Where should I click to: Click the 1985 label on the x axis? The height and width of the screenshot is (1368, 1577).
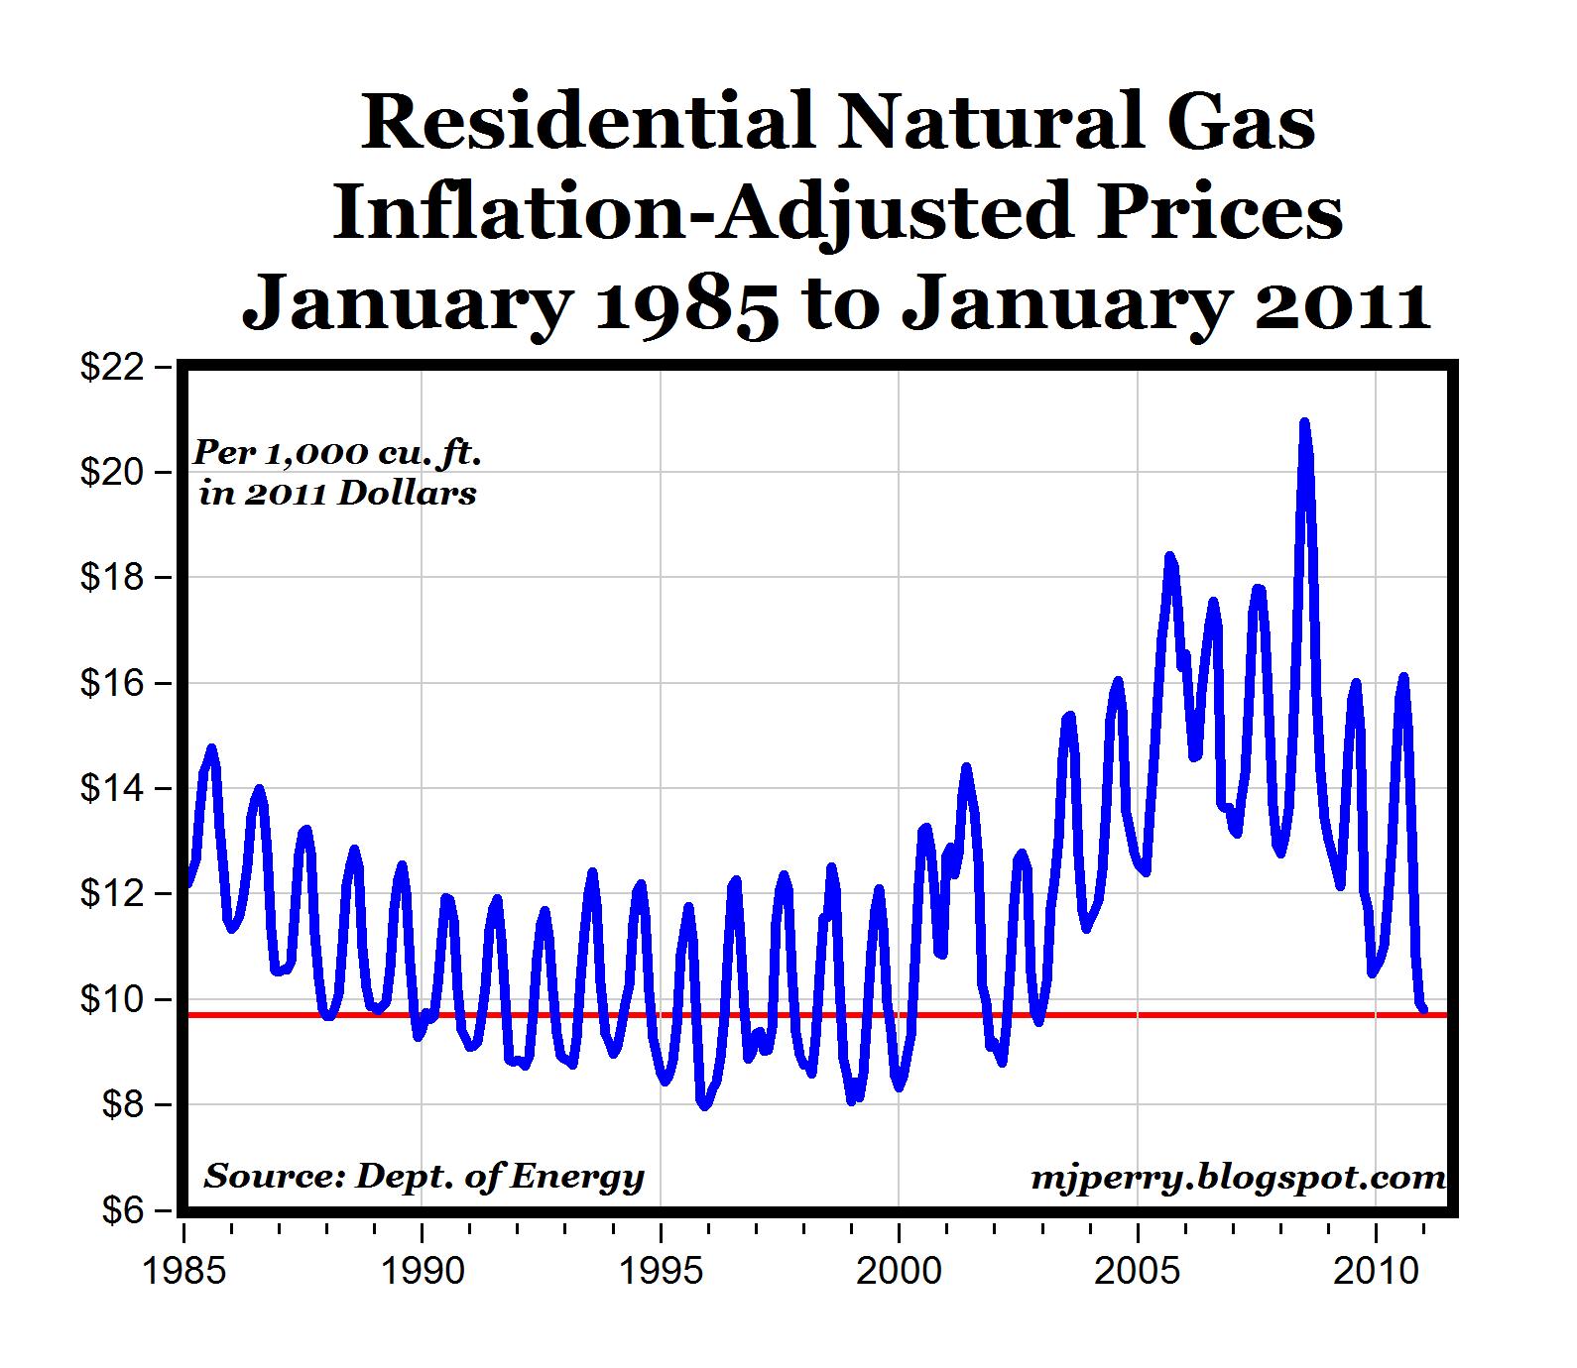pos(183,1271)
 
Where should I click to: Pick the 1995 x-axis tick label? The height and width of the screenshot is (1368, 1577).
pos(661,1271)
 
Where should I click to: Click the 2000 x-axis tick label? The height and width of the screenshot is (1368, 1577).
pos(899,1271)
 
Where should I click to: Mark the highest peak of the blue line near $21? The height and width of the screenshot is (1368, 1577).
pos(1304,422)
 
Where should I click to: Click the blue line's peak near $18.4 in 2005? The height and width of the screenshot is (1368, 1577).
pos(1169,557)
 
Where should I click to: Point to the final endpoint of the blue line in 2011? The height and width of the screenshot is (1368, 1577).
pos(1424,1010)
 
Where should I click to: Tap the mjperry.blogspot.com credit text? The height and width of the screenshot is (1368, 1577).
pos(1238,1177)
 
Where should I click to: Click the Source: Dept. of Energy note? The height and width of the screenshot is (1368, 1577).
pos(424,1176)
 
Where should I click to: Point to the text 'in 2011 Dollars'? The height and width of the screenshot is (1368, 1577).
pos(337,493)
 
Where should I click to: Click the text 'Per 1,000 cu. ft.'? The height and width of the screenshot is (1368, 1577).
pos(337,453)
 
